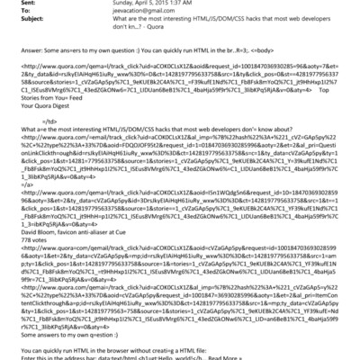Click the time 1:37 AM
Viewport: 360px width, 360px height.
(191, 4)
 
